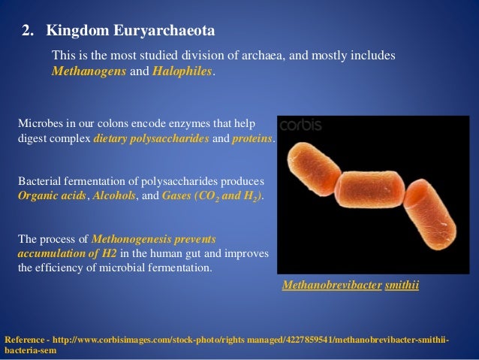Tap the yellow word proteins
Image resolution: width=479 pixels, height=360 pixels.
[x=254, y=140]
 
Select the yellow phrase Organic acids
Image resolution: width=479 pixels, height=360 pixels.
[x=52, y=195]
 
